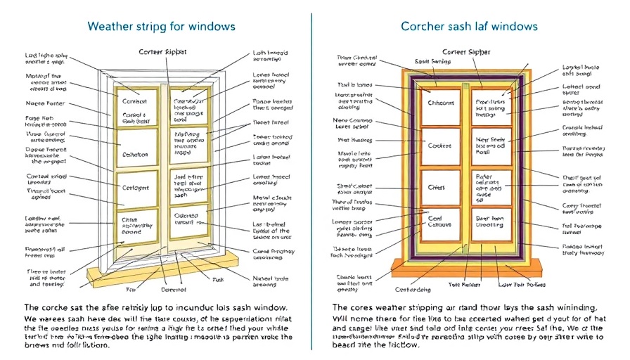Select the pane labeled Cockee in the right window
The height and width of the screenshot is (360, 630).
[440, 146]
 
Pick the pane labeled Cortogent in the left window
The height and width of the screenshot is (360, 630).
[136, 188]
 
